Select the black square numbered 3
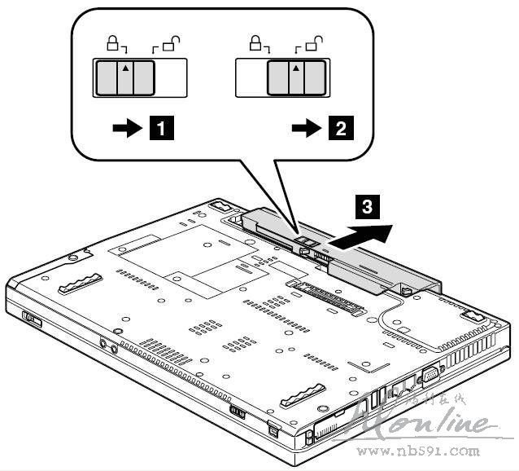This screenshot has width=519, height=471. (x=369, y=207)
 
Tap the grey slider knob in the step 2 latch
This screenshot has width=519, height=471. (x=296, y=78)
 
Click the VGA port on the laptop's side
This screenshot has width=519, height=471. (x=429, y=376)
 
